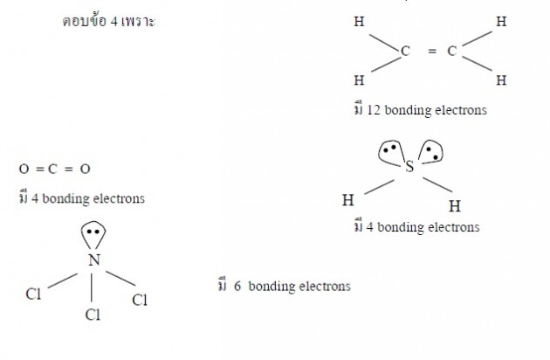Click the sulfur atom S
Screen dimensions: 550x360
click(409, 167)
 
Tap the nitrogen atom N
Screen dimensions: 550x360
click(94, 260)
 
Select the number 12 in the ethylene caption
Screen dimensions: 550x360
click(374, 110)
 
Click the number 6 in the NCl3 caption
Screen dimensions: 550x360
click(237, 286)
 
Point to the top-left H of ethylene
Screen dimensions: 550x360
click(359, 22)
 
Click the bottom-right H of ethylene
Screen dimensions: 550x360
click(501, 80)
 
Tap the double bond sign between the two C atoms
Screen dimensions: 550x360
click(432, 52)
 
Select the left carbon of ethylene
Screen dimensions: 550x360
click(405, 52)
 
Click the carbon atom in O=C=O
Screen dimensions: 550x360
click(52, 170)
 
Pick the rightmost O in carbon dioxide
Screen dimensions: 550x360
click(86, 170)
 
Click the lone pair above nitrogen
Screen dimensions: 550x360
click(93, 234)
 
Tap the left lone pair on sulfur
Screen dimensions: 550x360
click(390, 153)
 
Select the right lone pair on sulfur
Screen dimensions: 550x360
click(431, 152)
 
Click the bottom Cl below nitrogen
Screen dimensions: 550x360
click(93, 315)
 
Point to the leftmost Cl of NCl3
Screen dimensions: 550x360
click(33, 294)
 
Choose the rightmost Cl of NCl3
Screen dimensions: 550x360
click(140, 301)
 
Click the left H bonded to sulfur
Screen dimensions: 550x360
click(348, 200)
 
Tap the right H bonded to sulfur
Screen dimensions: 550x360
click(455, 206)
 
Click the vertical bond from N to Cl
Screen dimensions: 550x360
click(92, 287)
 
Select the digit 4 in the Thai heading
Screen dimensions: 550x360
click(114, 22)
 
